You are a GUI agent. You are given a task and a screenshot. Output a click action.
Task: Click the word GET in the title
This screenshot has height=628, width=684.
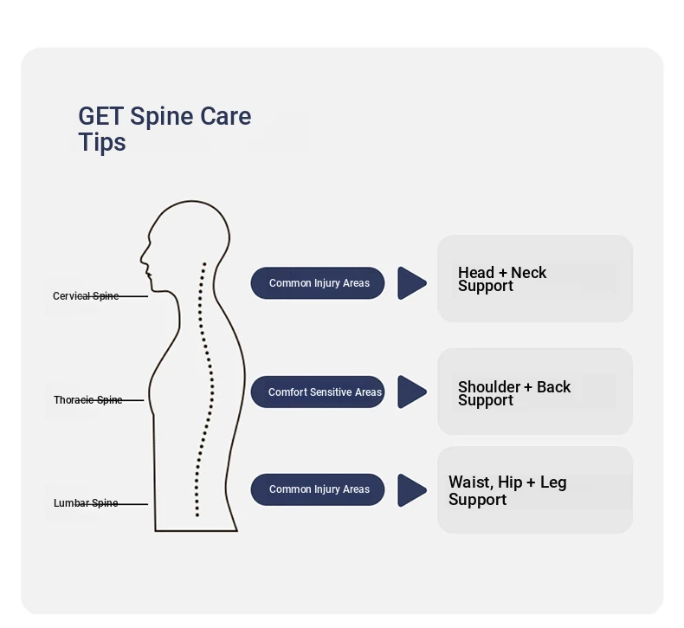click(x=100, y=117)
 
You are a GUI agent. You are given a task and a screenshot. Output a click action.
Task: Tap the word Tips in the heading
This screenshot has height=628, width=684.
click(x=102, y=142)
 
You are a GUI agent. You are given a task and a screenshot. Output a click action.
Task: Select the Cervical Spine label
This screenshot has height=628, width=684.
click(x=86, y=296)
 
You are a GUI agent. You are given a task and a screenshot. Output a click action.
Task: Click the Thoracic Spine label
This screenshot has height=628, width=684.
click(x=87, y=400)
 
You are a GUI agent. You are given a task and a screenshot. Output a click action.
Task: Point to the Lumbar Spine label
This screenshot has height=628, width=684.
click(x=86, y=503)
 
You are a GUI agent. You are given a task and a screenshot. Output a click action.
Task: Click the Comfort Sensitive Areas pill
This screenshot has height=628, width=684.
click(x=318, y=392)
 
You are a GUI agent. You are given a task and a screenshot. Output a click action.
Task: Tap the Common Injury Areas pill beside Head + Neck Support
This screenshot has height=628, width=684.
click(x=318, y=283)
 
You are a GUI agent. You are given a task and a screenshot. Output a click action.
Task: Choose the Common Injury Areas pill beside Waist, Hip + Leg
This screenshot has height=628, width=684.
click(x=318, y=489)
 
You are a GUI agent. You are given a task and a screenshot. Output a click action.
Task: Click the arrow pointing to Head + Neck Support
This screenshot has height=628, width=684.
click(x=411, y=283)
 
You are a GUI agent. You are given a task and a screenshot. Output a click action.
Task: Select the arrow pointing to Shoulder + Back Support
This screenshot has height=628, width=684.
click(x=411, y=392)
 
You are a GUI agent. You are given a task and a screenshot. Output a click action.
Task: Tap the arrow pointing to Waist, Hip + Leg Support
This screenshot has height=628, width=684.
click(x=411, y=490)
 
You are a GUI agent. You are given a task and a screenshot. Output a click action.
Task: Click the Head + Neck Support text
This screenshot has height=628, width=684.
click(x=502, y=279)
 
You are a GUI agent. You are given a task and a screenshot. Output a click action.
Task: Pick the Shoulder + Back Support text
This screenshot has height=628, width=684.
click(x=514, y=393)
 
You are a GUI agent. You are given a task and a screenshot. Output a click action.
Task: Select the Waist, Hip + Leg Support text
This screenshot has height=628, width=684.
click(x=507, y=490)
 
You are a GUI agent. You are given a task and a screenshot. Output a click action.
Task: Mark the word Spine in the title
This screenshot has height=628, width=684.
click(x=162, y=117)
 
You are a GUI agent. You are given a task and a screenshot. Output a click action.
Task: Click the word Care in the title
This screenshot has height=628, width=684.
click(x=226, y=117)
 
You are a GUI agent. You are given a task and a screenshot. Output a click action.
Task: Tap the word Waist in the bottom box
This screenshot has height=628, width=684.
click(x=469, y=482)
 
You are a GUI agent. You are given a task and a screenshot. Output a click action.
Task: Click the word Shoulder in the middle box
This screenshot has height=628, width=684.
click(x=489, y=387)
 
